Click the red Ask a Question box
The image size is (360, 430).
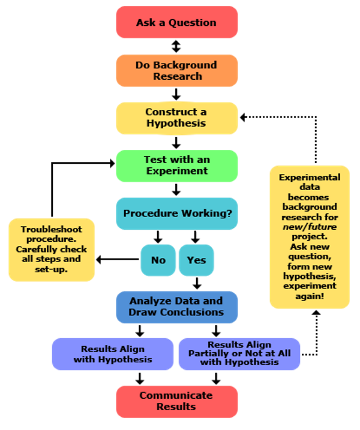[176, 22]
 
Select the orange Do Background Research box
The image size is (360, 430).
[176, 70]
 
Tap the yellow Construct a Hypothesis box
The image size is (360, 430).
[176, 118]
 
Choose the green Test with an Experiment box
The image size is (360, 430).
[176, 166]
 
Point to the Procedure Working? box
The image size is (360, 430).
[176, 214]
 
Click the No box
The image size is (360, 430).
[158, 260]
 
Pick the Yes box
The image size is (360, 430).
[196, 260]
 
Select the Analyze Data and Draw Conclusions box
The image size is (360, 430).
[176, 306]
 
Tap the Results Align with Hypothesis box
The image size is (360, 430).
[113, 354]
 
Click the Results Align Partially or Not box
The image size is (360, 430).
[239, 354]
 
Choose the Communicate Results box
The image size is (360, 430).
[176, 401]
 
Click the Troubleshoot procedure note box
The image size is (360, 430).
[52, 249]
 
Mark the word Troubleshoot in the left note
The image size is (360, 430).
[52, 230]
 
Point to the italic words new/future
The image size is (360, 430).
[310, 227]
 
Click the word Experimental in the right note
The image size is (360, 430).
[310, 178]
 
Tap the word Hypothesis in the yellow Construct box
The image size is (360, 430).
[176, 124]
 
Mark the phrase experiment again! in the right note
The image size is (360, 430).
[310, 291]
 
